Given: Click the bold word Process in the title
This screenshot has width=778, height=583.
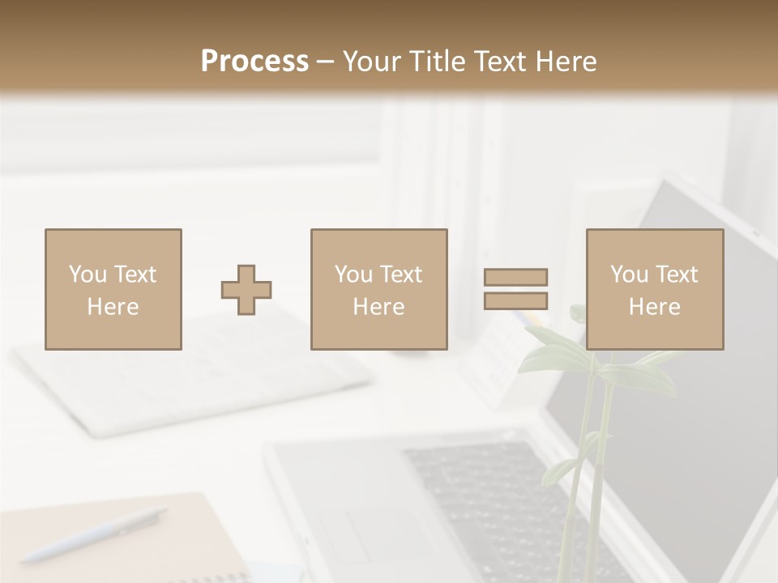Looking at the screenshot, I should point(254,62).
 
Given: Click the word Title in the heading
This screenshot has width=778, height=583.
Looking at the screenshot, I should point(438,62).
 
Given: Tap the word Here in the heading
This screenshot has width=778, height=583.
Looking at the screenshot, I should point(565,62).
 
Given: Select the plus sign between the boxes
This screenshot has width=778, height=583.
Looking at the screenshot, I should point(246,290).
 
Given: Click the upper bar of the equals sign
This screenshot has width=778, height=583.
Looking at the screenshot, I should point(515,277).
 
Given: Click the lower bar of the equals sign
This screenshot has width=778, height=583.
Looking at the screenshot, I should point(515,301).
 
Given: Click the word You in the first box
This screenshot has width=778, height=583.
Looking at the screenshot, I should point(88,274).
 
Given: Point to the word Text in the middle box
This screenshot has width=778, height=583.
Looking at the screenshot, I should point(400,274).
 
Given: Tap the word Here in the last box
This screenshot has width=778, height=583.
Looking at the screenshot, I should point(655,307).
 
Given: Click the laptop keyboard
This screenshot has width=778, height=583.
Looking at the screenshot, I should point(478,494).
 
